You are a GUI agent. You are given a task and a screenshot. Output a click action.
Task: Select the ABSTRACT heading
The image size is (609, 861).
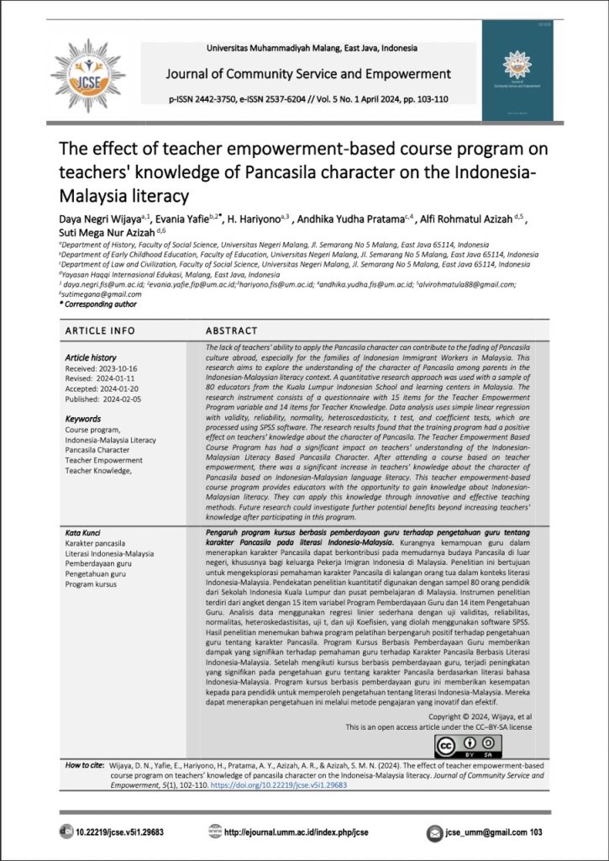(x=231, y=330)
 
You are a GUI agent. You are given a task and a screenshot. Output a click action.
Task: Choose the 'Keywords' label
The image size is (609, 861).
(x=83, y=418)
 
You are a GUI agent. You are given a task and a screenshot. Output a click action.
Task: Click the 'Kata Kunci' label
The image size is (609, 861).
(x=84, y=534)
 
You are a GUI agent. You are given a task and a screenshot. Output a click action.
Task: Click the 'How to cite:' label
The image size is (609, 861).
(x=83, y=766)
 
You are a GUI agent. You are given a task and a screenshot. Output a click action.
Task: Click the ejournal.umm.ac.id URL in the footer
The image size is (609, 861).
(x=302, y=832)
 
